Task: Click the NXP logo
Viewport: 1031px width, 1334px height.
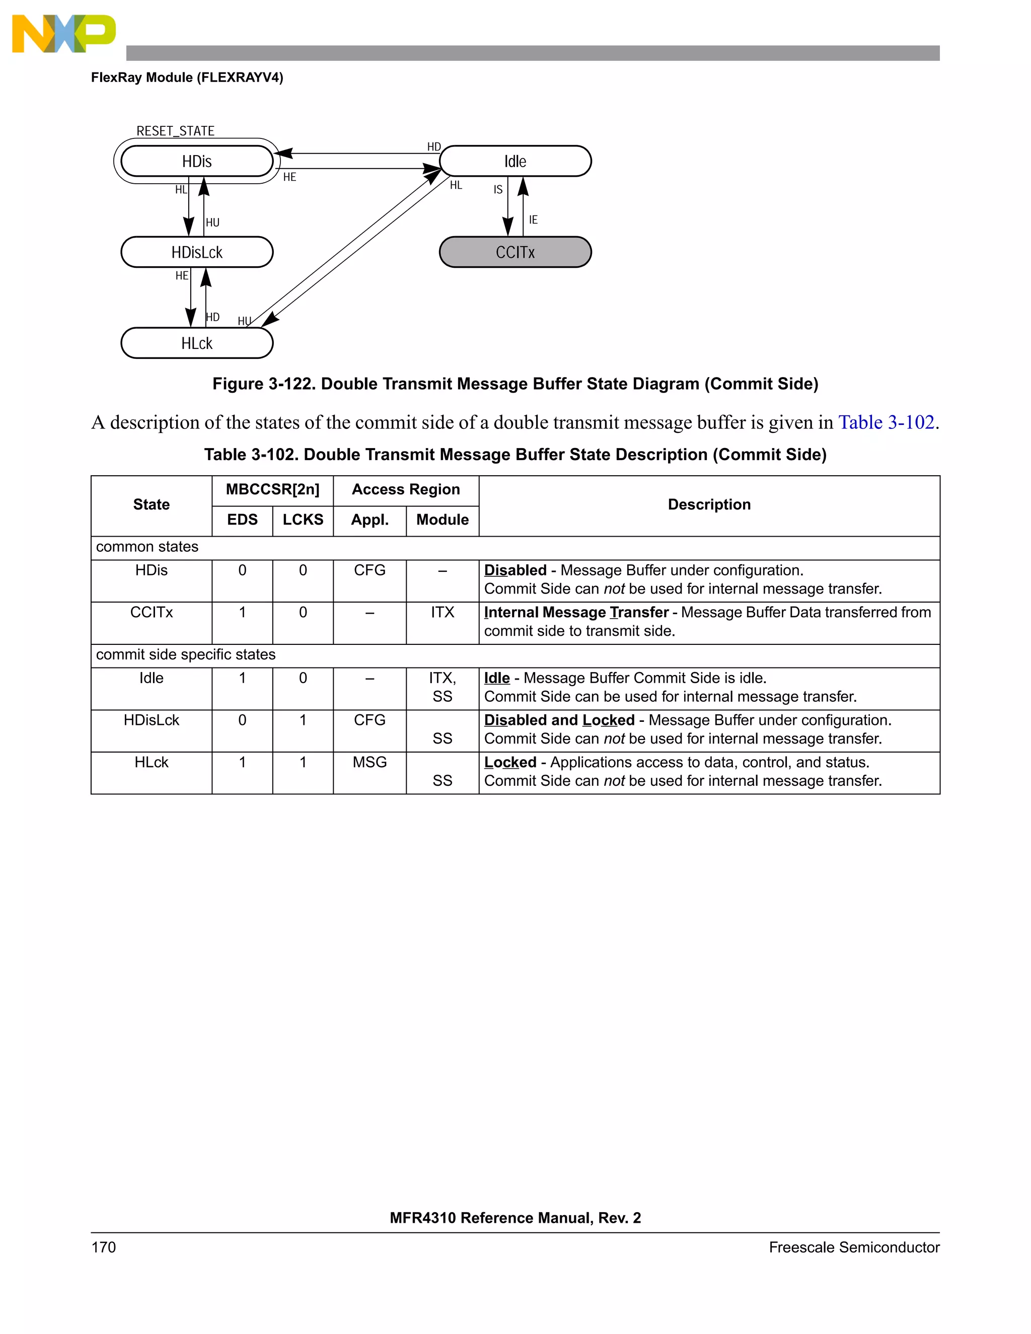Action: point(63,34)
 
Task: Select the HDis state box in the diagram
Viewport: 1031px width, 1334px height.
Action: point(197,161)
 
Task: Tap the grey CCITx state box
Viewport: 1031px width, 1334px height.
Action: point(515,252)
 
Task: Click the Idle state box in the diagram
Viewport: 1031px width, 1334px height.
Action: point(515,161)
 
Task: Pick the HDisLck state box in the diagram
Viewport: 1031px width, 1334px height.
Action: point(197,252)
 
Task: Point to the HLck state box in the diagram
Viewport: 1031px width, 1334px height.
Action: point(197,343)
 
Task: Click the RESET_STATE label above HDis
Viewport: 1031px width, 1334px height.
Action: point(175,131)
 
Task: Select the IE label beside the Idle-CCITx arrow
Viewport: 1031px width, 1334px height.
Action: point(533,220)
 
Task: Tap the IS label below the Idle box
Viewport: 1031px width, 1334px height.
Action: point(498,190)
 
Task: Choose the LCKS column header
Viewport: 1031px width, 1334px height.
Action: point(303,520)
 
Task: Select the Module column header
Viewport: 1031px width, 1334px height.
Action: point(442,520)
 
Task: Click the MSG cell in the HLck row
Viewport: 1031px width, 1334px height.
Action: point(370,762)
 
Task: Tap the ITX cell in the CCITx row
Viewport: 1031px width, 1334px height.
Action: point(442,612)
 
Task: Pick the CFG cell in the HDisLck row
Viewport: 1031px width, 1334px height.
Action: point(370,720)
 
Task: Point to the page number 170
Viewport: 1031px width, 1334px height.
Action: point(103,1247)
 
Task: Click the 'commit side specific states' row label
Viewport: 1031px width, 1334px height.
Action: point(186,655)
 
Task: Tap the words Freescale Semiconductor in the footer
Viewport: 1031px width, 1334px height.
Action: point(853,1247)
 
